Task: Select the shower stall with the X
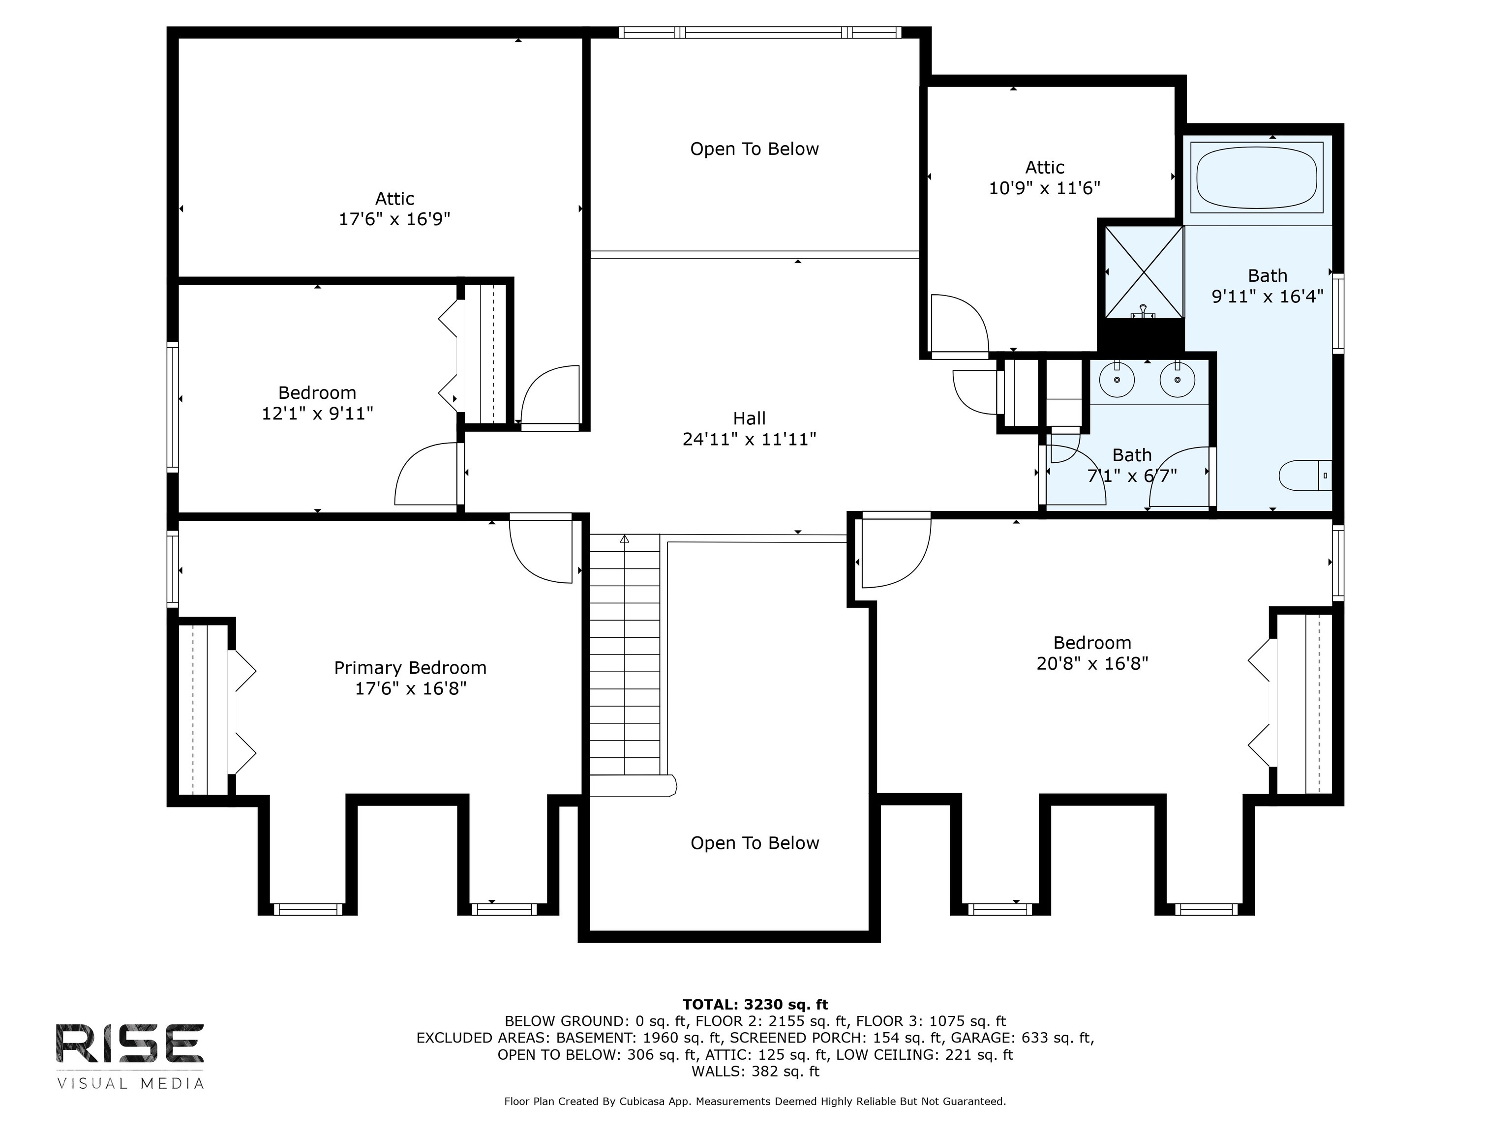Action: click(x=1144, y=272)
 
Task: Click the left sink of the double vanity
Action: click(x=1117, y=380)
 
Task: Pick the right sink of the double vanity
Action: click(x=1178, y=380)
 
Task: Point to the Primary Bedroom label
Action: click(x=410, y=667)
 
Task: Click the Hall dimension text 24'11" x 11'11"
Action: click(x=750, y=439)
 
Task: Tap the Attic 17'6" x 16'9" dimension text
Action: click(x=395, y=219)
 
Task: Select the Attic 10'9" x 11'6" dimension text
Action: click(x=1044, y=188)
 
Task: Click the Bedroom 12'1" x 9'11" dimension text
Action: click(x=318, y=413)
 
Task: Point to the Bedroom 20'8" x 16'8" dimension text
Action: click(x=1092, y=663)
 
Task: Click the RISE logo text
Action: click(x=130, y=1044)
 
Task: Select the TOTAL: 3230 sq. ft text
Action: click(x=755, y=1004)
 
